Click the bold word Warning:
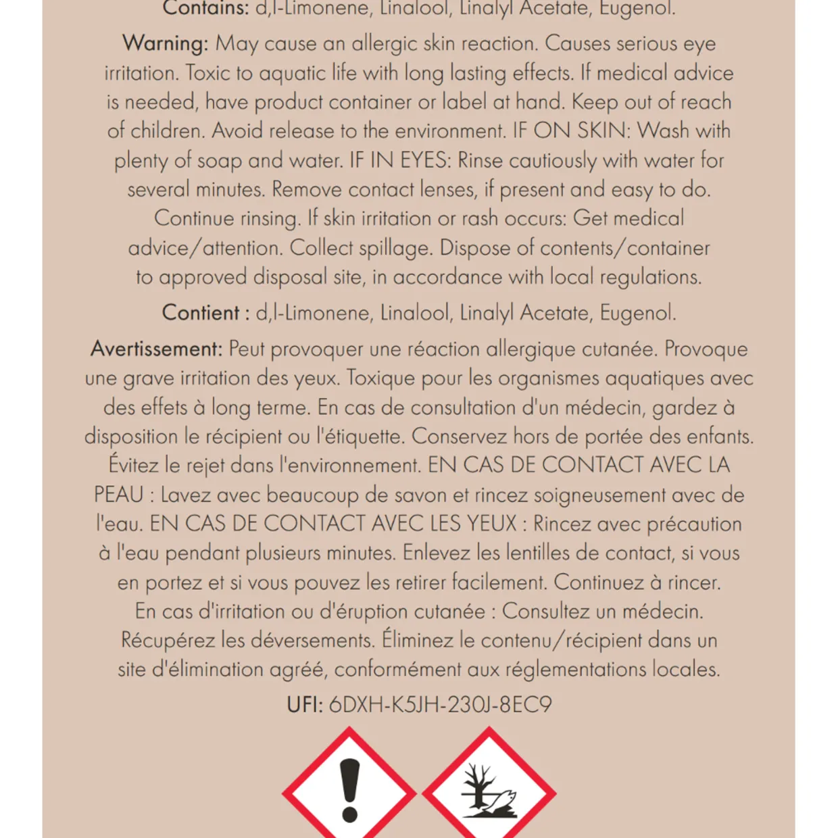pos(166,44)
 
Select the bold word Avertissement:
pos(156,349)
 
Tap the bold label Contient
pos(200,313)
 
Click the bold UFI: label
pos(305,705)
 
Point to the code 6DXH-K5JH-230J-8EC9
pos(440,705)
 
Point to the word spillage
pos(395,248)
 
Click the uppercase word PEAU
pos(118,495)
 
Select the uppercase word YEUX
pos(491,524)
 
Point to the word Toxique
pos(380,378)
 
